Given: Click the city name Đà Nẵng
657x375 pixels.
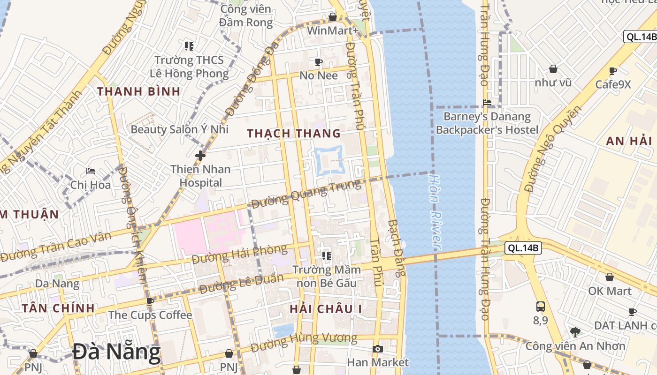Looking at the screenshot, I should tap(116, 352).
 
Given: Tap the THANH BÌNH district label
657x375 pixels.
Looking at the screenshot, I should tap(139, 91).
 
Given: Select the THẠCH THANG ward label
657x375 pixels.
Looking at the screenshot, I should tap(294, 134).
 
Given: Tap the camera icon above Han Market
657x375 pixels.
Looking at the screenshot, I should tap(377, 349).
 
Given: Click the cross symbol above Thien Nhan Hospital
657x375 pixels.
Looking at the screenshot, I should tap(200, 155).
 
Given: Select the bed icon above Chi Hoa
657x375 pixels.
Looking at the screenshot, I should tap(91, 171).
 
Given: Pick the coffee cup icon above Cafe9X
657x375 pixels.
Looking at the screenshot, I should tap(612, 71).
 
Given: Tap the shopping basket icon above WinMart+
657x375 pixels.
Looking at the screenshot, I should tap(333, 17).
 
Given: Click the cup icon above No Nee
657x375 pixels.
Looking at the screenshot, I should tap(319, 61).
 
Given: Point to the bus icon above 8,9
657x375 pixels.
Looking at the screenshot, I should tap(541, 307).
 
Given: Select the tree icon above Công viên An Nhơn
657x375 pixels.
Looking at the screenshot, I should tap(575, 332).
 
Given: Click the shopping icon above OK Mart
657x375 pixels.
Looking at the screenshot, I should tap(609, 277).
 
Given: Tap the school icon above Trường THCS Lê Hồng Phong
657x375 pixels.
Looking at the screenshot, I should tap(189, 46).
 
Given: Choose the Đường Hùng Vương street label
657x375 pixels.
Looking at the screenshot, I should tap(304, 343).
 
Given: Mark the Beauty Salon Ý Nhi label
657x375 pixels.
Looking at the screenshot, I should tap(179, 129).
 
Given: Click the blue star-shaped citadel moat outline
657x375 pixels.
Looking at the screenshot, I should tap(330, 161).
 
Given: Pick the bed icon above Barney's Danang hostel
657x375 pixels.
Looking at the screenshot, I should tap(487, 102).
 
